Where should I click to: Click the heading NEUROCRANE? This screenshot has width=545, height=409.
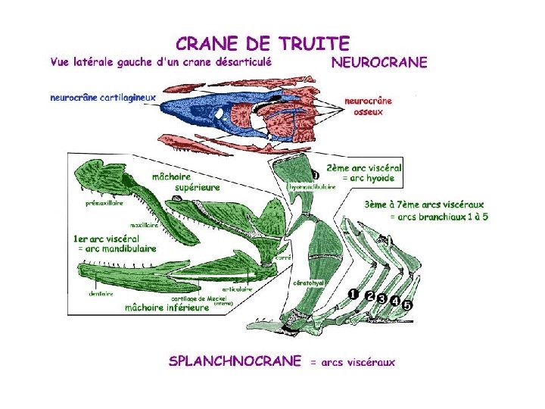[378, 62]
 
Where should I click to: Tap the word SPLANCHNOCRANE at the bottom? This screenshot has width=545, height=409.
[235, 361]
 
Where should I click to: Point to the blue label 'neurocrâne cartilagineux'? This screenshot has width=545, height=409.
[102, 97]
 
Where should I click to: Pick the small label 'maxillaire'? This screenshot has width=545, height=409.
[144, 224]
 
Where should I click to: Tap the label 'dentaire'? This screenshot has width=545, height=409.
[101, 293]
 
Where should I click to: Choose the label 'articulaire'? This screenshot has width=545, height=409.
[237, 289]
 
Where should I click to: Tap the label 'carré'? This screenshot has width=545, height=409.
[284, 258]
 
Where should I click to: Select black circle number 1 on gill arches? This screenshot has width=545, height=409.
[353, 293]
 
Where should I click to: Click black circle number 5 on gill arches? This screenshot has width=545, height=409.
[406, 304]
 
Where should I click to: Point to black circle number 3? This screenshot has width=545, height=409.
[382, 298]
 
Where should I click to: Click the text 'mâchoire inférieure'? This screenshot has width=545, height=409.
[167, 308]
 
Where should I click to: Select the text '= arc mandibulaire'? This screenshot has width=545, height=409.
[115, 248]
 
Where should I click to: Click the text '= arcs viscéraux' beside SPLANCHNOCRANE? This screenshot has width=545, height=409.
[352, 362]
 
